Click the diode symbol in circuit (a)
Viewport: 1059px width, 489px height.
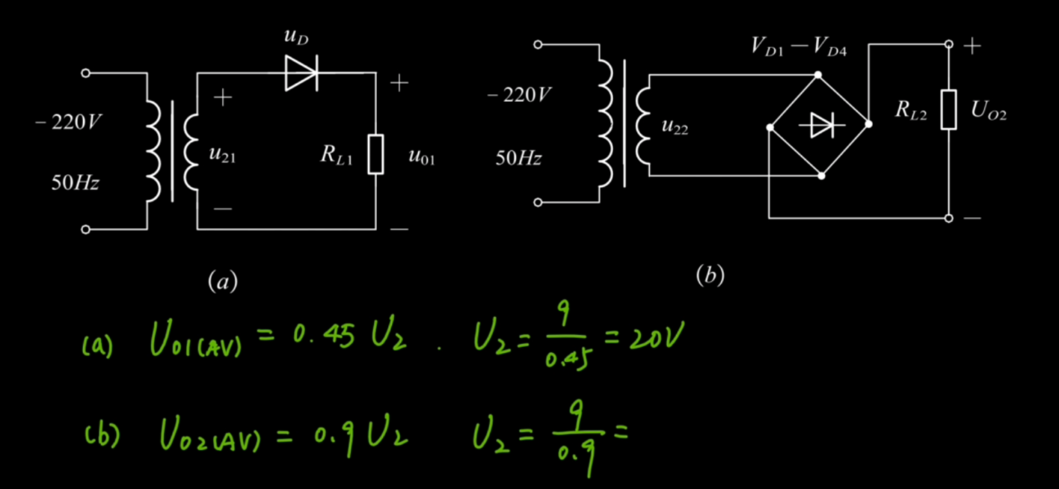(301, 73)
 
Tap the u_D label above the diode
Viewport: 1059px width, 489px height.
(296, 37)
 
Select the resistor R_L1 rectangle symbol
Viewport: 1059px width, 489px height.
(376, 154)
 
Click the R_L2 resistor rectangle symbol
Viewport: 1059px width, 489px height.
(948, 109)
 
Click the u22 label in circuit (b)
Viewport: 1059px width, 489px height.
(675, 126)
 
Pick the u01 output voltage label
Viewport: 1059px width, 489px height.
(422, 156)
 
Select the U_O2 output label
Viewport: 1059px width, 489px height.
(989, 110)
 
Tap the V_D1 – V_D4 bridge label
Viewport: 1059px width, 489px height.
(799, 47)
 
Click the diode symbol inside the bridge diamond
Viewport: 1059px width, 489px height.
(822, 125)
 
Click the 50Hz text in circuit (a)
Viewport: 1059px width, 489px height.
(76, 182)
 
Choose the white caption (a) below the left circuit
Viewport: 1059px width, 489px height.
(223, 281)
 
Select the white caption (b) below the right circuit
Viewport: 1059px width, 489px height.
(710, 275)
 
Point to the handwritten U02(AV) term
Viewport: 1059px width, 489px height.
(210, 434)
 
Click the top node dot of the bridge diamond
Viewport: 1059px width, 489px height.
(818, 75)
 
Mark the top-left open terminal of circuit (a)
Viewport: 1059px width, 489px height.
(85, 73)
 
